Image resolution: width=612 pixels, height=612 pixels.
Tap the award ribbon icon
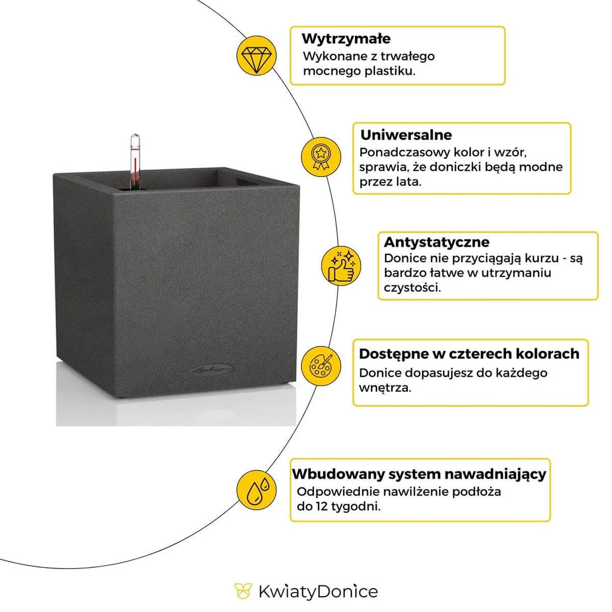320,155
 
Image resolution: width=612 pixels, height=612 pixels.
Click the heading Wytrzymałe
346,39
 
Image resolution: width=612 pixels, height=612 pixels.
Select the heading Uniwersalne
406,135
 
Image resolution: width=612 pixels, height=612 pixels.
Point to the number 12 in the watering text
320,507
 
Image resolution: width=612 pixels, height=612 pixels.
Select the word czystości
413,287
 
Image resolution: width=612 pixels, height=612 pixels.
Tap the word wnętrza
385,388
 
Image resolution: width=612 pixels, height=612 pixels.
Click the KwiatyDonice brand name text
318,592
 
